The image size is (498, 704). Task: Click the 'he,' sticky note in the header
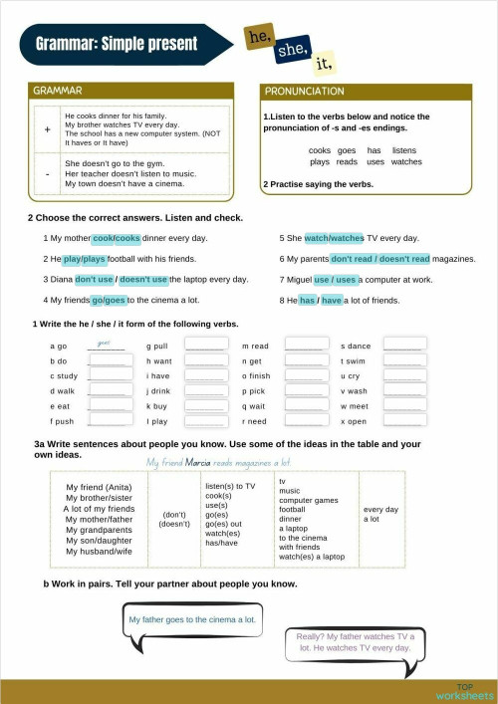(260, 38)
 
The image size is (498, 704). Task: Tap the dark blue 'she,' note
(293, 49)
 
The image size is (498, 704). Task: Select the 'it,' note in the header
(322, 65)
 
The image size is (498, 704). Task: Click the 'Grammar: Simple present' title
(117, 44)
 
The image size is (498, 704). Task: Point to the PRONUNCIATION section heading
(305, 92)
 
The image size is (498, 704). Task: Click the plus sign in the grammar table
(47, 129)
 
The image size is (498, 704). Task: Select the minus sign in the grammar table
(47, 173)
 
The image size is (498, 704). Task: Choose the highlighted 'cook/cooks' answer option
(116, 238)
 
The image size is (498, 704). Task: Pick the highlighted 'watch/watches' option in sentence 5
(334, 238)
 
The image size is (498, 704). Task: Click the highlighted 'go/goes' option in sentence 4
(108, 300)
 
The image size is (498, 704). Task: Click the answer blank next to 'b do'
(108, 360)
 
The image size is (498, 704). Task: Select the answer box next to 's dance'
(404, 345)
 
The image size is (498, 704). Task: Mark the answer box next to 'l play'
(205, 421)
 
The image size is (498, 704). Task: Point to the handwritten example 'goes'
(104, 342)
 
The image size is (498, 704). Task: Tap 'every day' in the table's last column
(380, 510)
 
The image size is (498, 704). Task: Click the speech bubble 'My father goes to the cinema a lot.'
(192, 618)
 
